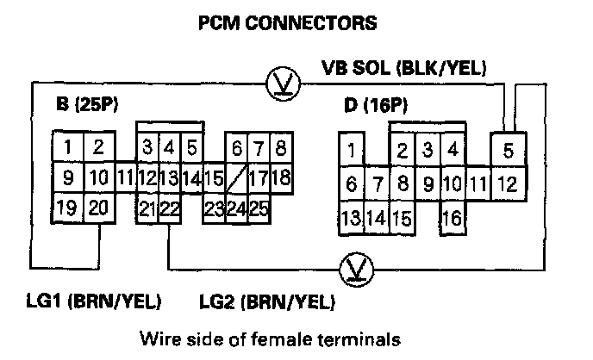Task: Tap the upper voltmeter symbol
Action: coord(279,81)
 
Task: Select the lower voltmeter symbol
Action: coord(353,267)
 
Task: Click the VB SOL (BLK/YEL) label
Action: coord(404,67)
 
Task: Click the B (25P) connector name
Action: coord(86,106)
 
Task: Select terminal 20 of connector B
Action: coord(99,208)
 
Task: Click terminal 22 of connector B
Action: coord(169,208)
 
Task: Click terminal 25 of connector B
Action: coord(258,208)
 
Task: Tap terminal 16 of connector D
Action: coord(452,217)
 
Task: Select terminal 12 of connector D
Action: coord(508,183)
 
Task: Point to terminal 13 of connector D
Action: coord(352,217)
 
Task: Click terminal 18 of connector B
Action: coord(280,178)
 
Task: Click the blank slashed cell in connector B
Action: coord(235,178)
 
